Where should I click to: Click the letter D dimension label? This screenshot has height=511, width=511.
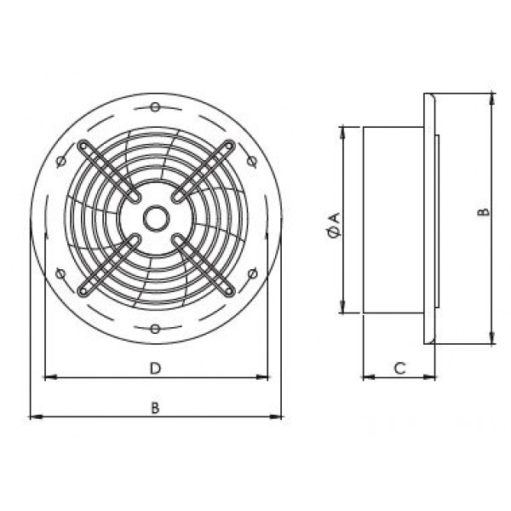pos(156,368)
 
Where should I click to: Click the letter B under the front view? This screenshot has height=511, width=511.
pos(156,408)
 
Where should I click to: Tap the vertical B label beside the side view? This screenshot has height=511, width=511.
pos(485,212)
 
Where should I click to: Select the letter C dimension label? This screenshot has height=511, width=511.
pos(399,368)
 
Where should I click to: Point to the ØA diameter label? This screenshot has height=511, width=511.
pos(335,225)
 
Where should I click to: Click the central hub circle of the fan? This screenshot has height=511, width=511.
pos(156,218)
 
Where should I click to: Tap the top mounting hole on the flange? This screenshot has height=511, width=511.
pos(155,107)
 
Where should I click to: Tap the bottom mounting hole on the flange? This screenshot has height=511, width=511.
pos(155,329)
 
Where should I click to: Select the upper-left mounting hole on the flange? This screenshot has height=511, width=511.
pos(61,160)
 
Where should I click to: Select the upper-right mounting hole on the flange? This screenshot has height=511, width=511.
pos(251,161)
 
